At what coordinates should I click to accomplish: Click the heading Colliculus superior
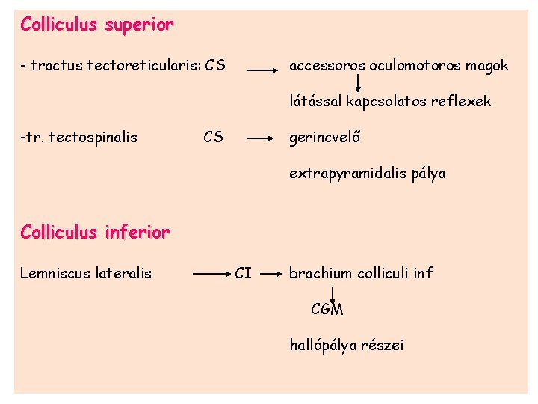tap(97, 25)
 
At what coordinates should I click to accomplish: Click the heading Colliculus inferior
tap(95, 233)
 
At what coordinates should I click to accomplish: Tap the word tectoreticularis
tap(144, 66)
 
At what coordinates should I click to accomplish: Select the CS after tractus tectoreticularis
tap(216, 66)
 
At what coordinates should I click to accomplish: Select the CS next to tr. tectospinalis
tap(213, 137)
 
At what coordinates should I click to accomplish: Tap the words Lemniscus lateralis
tap(86, 274)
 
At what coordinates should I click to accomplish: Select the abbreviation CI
tap(243, 274)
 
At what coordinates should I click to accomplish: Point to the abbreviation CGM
tap(327, 308)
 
